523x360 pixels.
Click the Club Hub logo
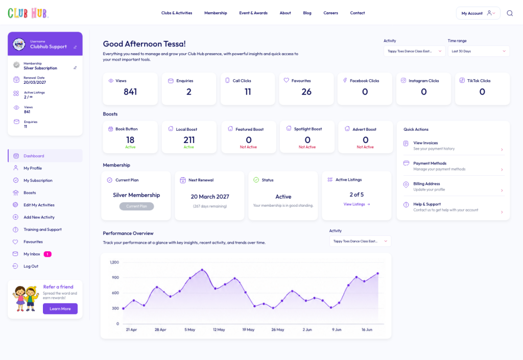(28, 13)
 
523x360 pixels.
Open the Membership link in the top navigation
(216, 13)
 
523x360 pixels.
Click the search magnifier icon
(510, 13)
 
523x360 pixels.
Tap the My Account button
(478, 13)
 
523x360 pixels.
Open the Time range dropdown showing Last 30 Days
(479, 52)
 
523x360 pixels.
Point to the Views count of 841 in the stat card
(130, 92)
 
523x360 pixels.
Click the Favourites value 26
(306, 92)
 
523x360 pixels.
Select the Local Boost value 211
(189, 140)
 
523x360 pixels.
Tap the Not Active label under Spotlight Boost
(307, 147)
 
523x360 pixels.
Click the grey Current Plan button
(136, 206)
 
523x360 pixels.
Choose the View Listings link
(356, 204)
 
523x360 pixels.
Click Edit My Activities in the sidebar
(39, 205)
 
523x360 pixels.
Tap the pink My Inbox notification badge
(47, 254)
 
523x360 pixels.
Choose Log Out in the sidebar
(31, 267)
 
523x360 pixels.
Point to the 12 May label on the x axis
(219, 330)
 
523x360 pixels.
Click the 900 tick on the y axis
(115, 277)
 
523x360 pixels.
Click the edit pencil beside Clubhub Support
(75, 47)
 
